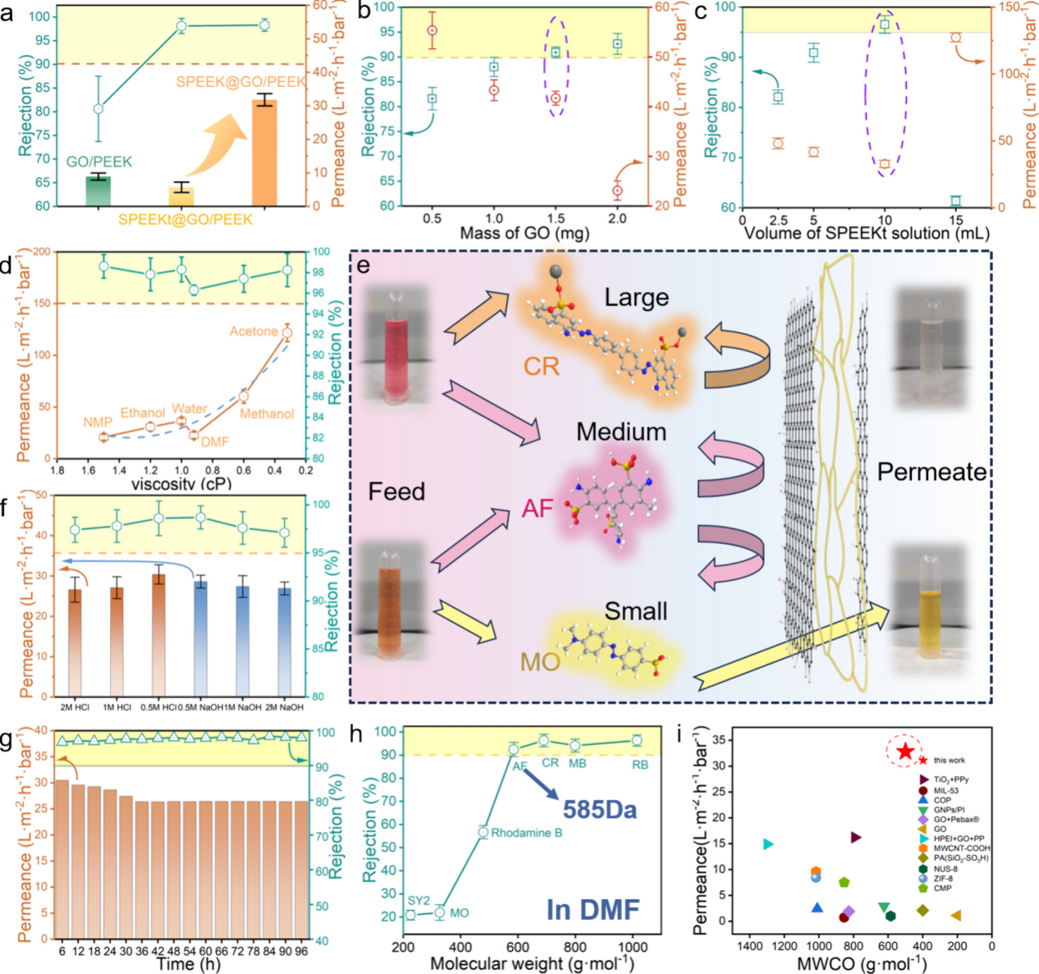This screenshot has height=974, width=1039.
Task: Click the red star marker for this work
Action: click(904, 751)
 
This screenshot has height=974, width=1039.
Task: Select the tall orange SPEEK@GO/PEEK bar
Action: click(263, 153)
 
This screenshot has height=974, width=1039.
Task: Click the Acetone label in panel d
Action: click(254, 332)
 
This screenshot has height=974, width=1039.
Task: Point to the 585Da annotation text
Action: click(599, 810)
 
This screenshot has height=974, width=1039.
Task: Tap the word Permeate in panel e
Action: click(931, 472)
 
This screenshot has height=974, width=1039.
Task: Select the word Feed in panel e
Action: click(396, 492)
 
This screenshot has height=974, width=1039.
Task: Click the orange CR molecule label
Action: click(542, 366)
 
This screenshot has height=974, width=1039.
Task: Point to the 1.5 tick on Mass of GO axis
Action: click(556, 219)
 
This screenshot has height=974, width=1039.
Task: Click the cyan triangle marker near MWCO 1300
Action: click(768, 844)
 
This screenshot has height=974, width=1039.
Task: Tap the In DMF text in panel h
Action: click(593, 909)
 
